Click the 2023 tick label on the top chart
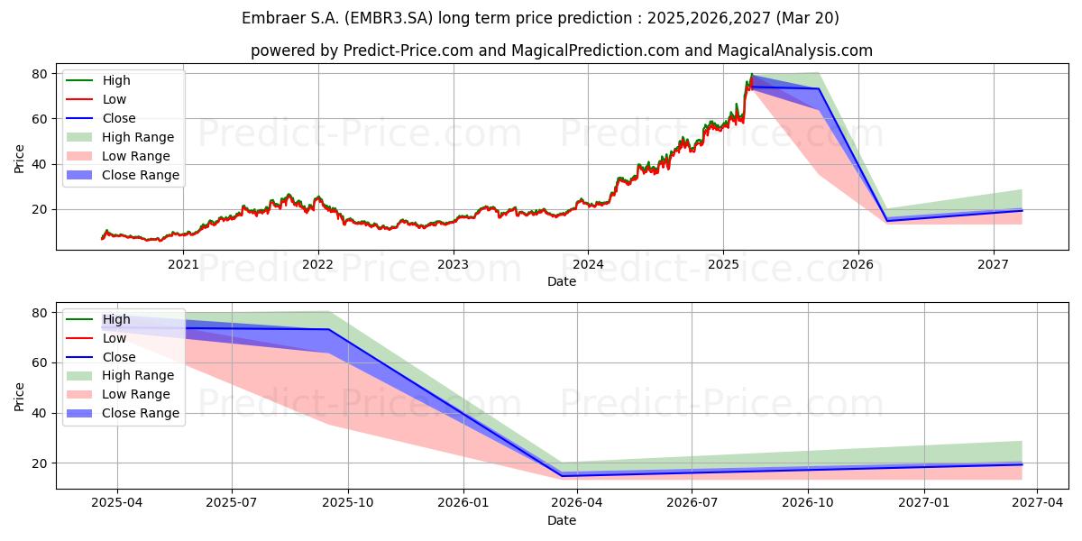[453, 265]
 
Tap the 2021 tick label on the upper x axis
[183, 265]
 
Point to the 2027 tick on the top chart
[993, 265]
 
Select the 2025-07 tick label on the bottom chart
[232, 503]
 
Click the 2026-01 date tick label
[463, 503]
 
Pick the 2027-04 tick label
[1037, 503]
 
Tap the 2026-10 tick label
[808, 503]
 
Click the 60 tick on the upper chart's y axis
[40, 119]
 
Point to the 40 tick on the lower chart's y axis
[40, 413]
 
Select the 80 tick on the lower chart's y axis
[40, 313]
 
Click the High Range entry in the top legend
[120, 137]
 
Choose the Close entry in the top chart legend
[100, 118]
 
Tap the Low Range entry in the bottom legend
[118, 394]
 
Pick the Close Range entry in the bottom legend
[123, 413]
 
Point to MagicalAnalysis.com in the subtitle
[794, 50]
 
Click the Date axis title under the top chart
[561, 281]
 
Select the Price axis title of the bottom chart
[19, 397]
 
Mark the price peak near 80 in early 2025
[752, 74]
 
